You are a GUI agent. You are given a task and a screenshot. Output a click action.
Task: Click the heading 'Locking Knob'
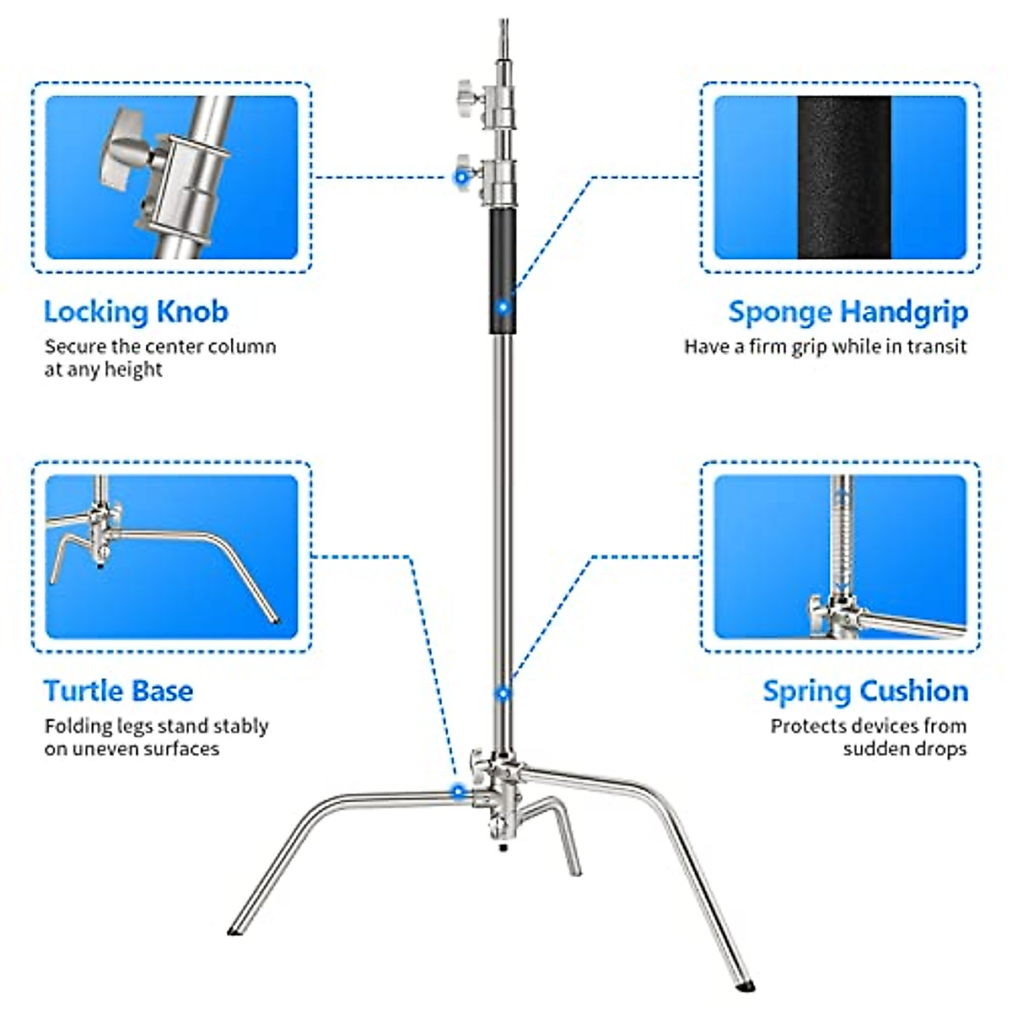coord(136,312)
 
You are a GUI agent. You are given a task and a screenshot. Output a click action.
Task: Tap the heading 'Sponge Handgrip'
coord(848,312)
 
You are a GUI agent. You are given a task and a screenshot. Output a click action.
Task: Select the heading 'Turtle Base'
coord(118,692)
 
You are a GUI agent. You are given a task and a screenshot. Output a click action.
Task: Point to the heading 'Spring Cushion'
coord(865,692)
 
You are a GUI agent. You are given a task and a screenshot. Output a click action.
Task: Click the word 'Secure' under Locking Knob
coord(75,347)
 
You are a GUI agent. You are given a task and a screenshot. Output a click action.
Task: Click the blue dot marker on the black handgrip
coord(503,307)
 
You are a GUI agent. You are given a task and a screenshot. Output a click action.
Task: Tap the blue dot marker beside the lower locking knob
coord(460,177)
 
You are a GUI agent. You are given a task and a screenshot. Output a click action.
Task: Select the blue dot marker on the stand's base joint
coord(458,791)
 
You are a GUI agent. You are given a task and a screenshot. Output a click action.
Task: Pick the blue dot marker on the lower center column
coord(503,693)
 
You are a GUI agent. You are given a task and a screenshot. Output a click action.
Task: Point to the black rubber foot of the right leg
coord(746,983)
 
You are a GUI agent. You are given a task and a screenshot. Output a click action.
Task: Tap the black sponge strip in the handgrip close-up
coord(843,177)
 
